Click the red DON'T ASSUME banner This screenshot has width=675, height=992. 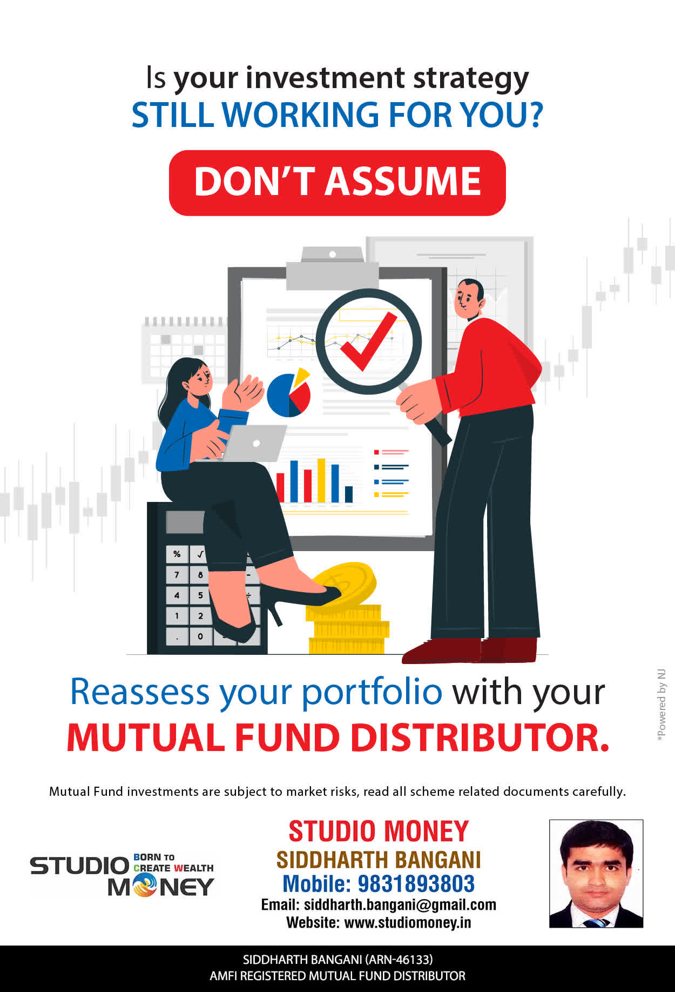(x=337, y=183)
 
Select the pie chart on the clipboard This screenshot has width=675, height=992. (x=289, y=393)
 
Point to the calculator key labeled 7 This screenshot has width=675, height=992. (x=177, y=574)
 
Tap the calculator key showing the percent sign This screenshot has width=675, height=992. (x=177, y=554)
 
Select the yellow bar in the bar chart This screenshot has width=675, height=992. (x=321, y=480)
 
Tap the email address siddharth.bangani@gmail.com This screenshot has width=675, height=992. (x=400, y=905)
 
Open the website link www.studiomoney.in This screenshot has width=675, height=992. (x=408, y=923)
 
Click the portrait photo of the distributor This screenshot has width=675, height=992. (x=596, y=874)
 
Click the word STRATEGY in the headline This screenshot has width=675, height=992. (x=471, y=79)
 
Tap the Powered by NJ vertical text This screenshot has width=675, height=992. (x=661, y=705)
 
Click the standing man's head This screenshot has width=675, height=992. (x=469, y=299)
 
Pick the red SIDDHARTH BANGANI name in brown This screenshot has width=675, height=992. (x=378, y=860)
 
